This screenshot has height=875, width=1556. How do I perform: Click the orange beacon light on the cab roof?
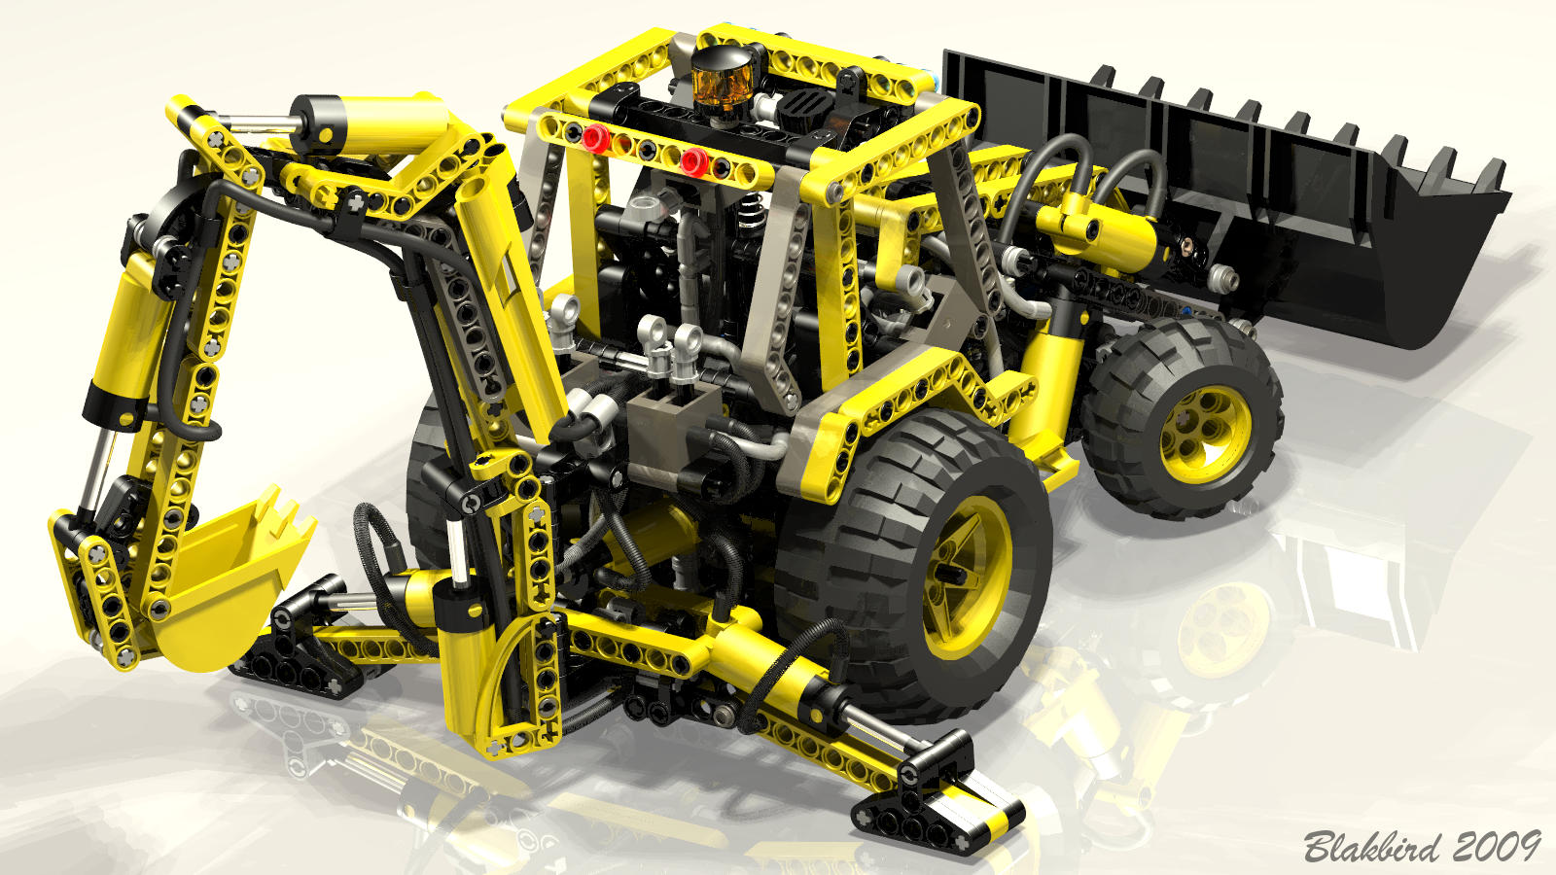[x=723, y=80]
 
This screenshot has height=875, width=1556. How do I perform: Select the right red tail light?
[x=694, y=161]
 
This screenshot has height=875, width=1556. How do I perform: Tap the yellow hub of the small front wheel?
[x=1205, y=434]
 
